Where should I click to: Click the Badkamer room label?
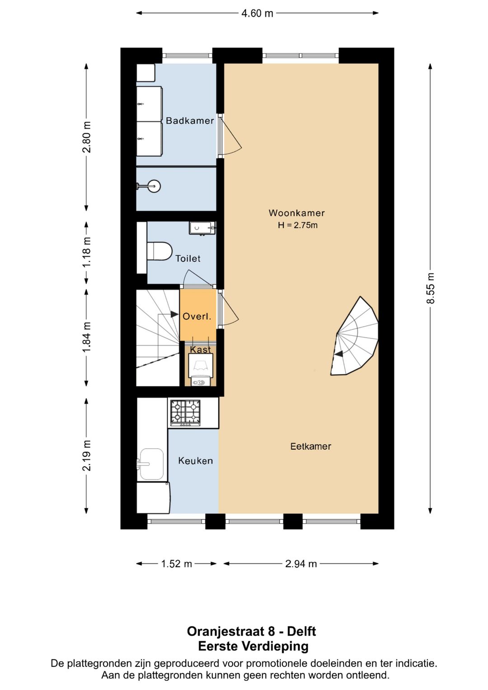[x=190, y=121]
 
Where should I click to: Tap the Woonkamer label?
[x=296, y=213]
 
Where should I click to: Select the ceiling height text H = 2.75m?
[x=297, y=225]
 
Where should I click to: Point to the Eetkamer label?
[x=310, y=446]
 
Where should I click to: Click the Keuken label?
[x=195, y=461]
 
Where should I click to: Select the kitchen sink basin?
[x=151, y=464]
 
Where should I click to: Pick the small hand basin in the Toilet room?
[x=202, y=228]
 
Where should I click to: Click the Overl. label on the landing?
[x=197, y=317]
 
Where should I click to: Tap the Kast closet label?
[x=200, y=350]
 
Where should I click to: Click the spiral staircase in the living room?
[x=356, y=337]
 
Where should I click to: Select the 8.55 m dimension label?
[x=431, y=288]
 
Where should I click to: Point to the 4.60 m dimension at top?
[x=257, y=13]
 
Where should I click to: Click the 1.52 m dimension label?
[x=177, y=563]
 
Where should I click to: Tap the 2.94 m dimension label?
[x=301, y=563]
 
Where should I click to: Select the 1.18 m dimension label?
[x=87, y=252]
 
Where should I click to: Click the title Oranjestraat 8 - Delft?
[x=251, y=631]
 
